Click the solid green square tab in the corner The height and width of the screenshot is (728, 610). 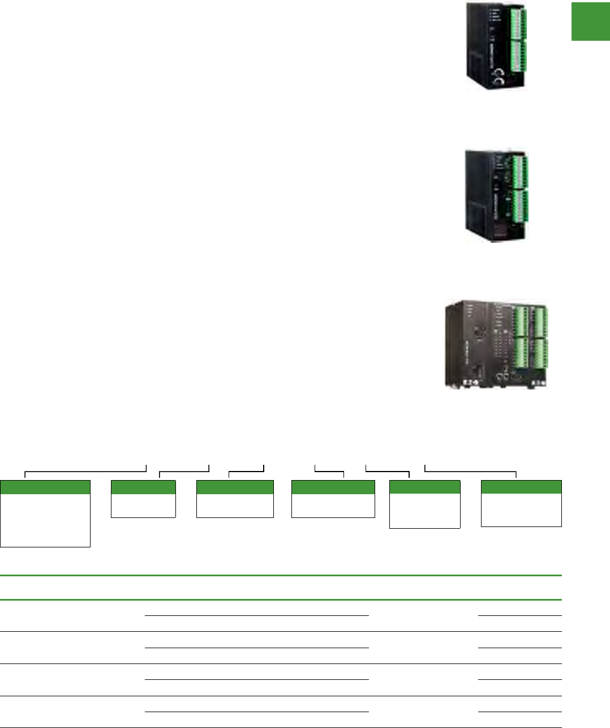590,21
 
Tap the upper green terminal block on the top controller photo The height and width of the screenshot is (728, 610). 517,23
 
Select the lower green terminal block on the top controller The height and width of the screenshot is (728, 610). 517,56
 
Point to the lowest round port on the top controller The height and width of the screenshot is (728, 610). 499,83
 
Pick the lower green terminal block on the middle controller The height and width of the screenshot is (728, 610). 520,206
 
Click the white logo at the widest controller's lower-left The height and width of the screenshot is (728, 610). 469,383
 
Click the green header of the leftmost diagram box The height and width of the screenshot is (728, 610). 45,487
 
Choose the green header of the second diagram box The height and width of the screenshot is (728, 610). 143,487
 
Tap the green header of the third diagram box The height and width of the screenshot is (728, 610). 235,487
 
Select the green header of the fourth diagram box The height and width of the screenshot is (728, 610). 333,487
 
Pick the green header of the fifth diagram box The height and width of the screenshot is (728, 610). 424,487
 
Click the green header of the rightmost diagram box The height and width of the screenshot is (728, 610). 521,487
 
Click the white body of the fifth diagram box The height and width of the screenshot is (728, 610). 424,511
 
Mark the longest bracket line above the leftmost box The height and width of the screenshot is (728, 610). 85,470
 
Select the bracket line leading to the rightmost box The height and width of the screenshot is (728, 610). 470,470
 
